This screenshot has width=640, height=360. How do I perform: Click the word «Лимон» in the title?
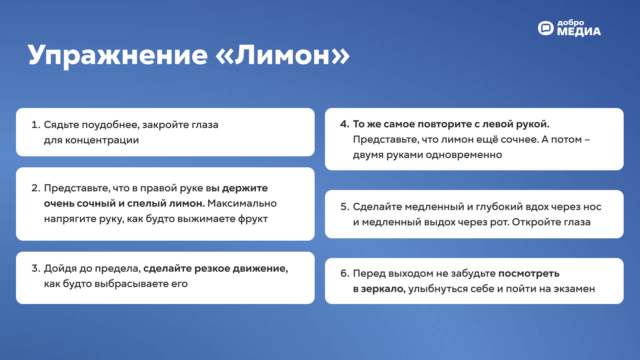[283, 55]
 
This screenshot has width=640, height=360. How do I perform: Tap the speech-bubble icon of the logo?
[546, 28]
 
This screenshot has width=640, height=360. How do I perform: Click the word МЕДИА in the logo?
[579, 32]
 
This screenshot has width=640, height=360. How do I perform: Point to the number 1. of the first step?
[36, 125]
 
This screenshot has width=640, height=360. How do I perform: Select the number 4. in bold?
[345, 124]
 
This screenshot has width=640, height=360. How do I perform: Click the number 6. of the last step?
[345, 273]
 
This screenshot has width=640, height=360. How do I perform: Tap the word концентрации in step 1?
[102, 140]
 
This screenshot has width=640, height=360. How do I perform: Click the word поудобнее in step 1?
[110, 125]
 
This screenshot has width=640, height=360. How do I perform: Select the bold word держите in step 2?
[245, 188]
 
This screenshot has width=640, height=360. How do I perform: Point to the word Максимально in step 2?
[242, 203]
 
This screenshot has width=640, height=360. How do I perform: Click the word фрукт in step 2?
[253, 219]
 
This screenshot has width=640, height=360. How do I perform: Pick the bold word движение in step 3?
[260, 269]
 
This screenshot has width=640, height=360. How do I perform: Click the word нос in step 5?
[592, 207]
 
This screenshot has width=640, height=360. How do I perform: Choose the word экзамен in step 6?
[574, 289]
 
